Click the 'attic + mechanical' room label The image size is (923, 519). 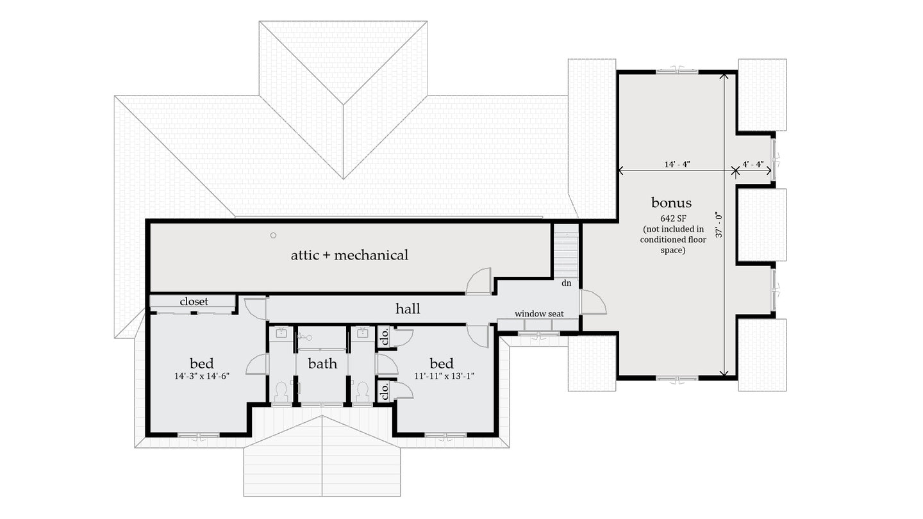[349, 255]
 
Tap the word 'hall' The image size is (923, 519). [408, 309]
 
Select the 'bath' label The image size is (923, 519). [322, 364]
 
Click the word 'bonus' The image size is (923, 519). [671, 203]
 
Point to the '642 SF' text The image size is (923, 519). [672, 218]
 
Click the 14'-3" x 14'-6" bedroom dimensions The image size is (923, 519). [201, 376]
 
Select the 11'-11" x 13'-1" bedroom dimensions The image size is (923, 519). [442, 376]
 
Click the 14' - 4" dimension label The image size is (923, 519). [677, 164]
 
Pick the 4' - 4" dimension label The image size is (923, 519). [753, 164]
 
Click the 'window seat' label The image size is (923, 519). [539, 313]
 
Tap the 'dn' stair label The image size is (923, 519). [567, 283]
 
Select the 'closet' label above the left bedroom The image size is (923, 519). [194, 301]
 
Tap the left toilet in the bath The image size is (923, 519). [281, 391]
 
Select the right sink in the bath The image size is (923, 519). [362, 332]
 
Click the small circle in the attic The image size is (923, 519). [273, 236]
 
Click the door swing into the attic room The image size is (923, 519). [479, 283]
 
